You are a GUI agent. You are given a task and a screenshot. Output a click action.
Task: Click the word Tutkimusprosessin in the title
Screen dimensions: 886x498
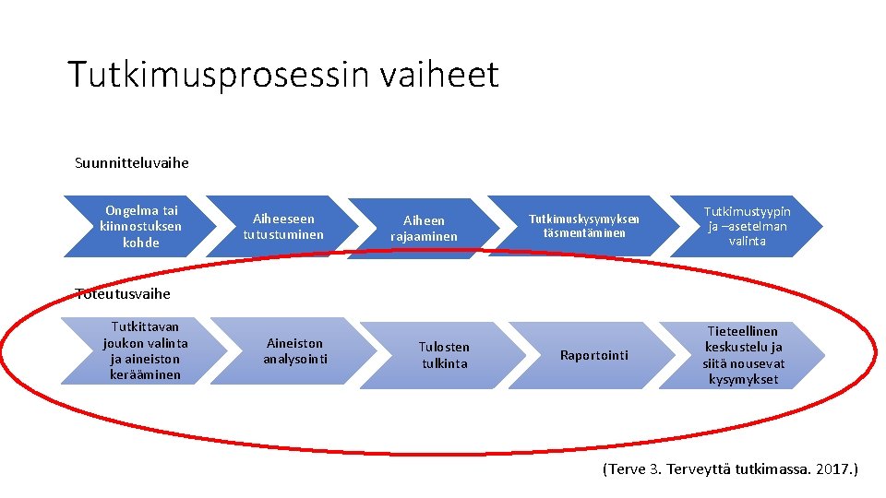click(218, 75)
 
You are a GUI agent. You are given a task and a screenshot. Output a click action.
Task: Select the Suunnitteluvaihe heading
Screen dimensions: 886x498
click(131, 163)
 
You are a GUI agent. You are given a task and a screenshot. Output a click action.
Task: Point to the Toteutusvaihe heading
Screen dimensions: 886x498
click(122, 293)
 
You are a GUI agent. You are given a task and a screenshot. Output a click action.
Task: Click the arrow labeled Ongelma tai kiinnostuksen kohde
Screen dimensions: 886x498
click(138, 226)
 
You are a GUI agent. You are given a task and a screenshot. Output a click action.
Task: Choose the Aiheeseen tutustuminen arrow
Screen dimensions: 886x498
click(282, 226)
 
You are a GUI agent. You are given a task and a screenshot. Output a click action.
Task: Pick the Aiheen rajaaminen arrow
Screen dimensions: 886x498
click(424, 228)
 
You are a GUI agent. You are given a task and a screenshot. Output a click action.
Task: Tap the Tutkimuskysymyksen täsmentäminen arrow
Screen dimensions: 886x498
click(583, 226)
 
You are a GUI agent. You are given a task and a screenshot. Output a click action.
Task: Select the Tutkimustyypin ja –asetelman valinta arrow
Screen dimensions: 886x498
click(746, 226)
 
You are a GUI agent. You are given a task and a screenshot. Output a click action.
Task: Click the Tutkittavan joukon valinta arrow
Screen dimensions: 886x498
click(143, 350)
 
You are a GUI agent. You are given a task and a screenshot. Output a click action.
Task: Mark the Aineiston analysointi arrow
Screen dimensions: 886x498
click(294, 350)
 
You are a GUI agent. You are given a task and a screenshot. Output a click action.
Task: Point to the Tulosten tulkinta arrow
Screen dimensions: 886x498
click(444, 355)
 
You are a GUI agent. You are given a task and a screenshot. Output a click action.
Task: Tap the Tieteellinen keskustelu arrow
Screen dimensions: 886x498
click(742, 355)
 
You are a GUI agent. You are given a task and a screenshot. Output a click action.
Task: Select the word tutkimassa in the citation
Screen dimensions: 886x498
click(772, 469)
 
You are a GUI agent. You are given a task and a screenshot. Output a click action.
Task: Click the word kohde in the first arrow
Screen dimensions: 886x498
click(141, 243)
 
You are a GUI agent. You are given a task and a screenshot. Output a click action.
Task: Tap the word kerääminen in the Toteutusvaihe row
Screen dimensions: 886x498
click(145, 374)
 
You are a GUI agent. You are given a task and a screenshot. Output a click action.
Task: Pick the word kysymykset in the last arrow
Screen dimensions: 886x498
click(743, 379)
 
